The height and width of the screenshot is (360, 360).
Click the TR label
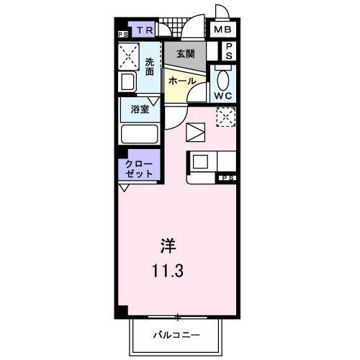(145, 30)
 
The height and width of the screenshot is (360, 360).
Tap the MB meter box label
(222, 30)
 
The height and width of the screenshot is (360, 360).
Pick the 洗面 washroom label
(149, 66)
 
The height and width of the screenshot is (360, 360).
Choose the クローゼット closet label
(138, 169)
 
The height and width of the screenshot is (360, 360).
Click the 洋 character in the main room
(168, 245)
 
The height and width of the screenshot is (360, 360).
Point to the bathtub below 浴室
(140, 134)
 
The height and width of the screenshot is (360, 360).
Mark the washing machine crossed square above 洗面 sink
(130, 56)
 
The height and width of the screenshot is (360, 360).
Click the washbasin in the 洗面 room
(129, 82)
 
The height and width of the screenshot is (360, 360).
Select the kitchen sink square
(199, 162)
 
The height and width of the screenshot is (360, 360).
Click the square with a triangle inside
(195, 132)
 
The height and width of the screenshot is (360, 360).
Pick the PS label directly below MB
(229, 51)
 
